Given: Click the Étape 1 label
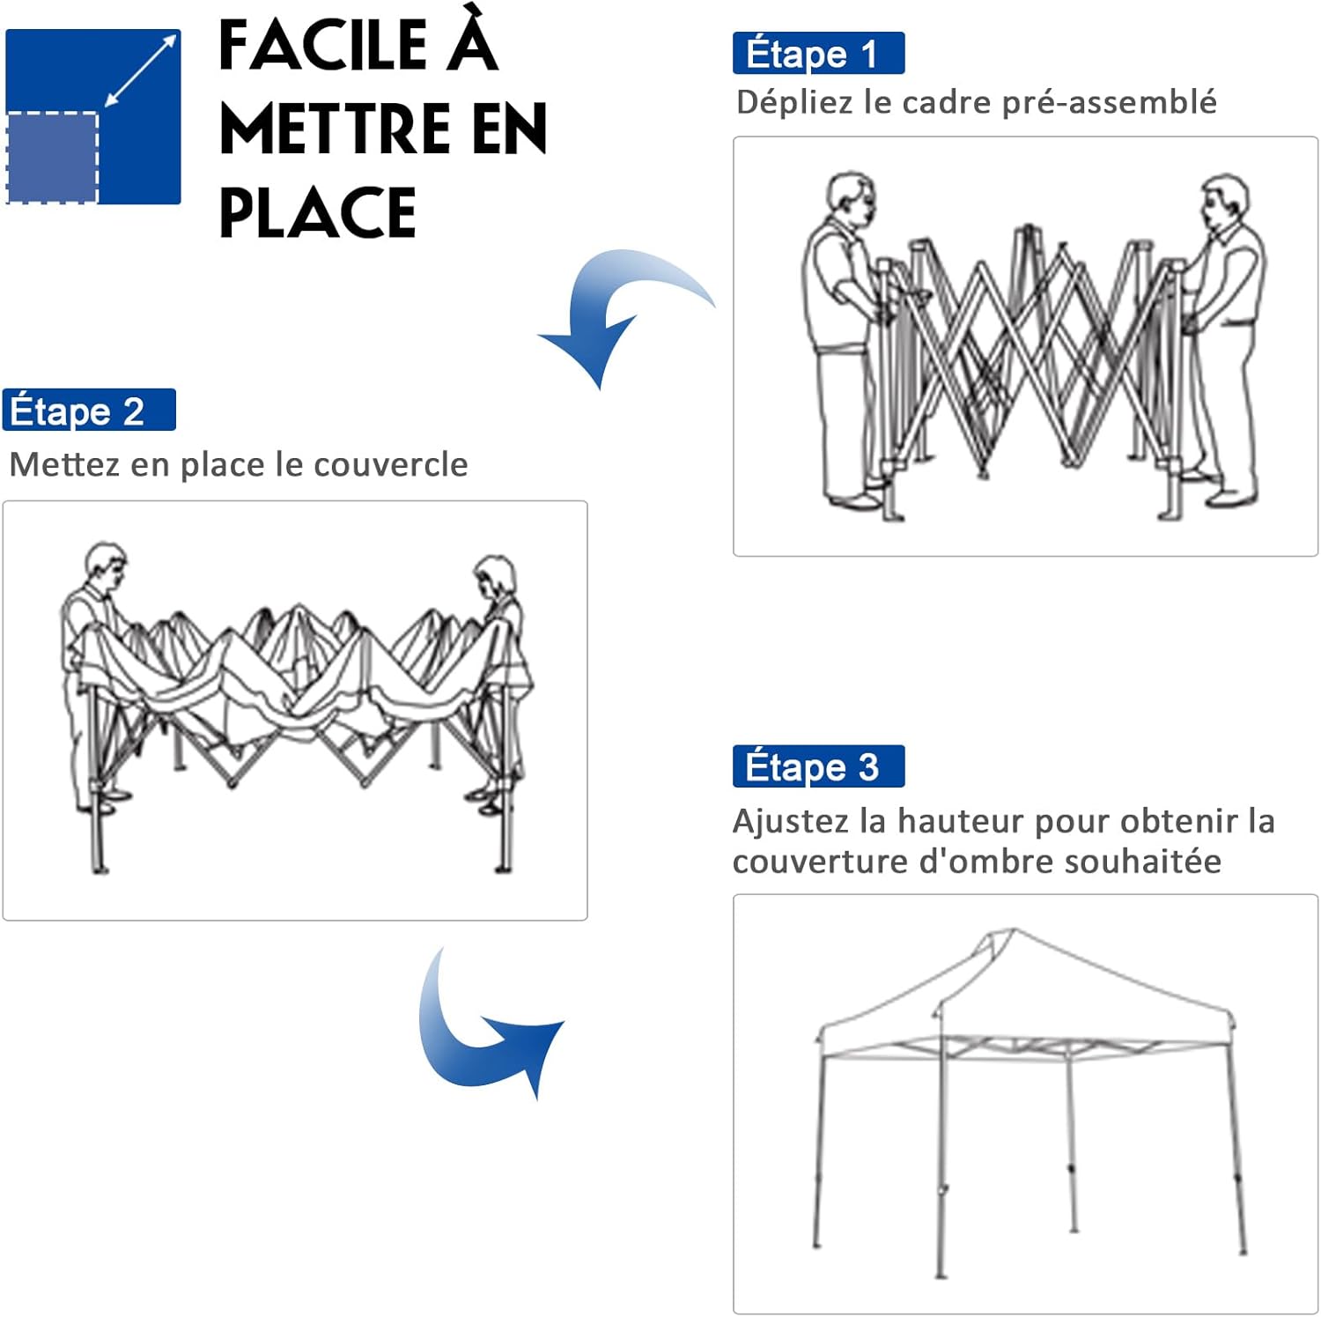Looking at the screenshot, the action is pos(818,54).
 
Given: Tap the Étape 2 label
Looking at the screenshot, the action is pos(89,411).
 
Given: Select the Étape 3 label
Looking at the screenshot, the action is pos(818,766).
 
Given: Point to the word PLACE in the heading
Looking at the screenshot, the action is pos(317,212).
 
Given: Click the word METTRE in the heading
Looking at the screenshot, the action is pos(336,129).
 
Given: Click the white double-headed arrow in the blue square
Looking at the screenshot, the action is pos(140,71).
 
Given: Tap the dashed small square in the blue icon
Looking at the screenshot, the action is pos(52,158).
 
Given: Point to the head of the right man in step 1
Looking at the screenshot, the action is pos(1226,202).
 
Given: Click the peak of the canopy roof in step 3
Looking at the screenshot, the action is pos(1013,929).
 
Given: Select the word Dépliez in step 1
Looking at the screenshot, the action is pos(795,103).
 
